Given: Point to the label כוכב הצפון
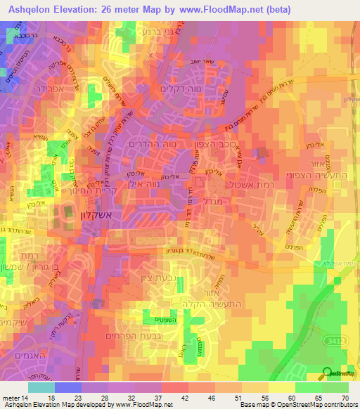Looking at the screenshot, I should (x=208, y=143).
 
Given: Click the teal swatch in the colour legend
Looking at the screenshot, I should (x=41, y=387).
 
